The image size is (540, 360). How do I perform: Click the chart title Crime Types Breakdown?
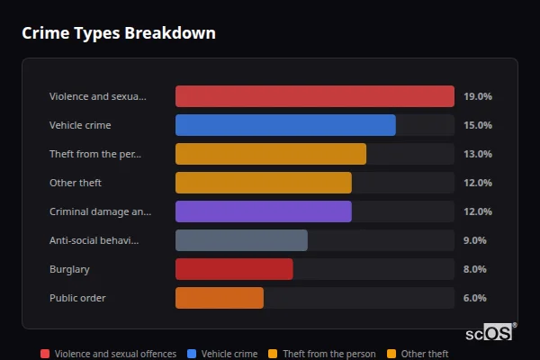point(118,33)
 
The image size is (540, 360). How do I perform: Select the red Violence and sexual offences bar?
point(314,96)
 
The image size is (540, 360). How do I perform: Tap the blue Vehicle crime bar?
point(285,125)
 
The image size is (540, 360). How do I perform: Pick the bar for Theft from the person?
point(271,154)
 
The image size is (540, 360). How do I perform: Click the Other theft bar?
point(264,183)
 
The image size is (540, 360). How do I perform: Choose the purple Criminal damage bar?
point(264,211)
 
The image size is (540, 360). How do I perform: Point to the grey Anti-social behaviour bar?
point(241,240)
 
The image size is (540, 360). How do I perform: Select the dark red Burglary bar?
point(234,269)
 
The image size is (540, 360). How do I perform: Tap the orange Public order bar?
point(220,298)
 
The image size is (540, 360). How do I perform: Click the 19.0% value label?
point(477,96)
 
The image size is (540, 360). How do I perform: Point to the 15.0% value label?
point(477,125)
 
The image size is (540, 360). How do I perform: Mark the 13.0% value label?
point(477,154)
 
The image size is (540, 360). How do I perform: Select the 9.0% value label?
point(474,240)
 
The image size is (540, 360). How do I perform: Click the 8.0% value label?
point(474,269)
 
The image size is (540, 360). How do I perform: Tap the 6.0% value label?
point(474,298)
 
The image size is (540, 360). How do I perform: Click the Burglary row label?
point(69,269)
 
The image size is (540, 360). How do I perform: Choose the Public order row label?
point(77,298)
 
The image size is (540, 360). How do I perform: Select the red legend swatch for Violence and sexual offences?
point(45,354)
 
